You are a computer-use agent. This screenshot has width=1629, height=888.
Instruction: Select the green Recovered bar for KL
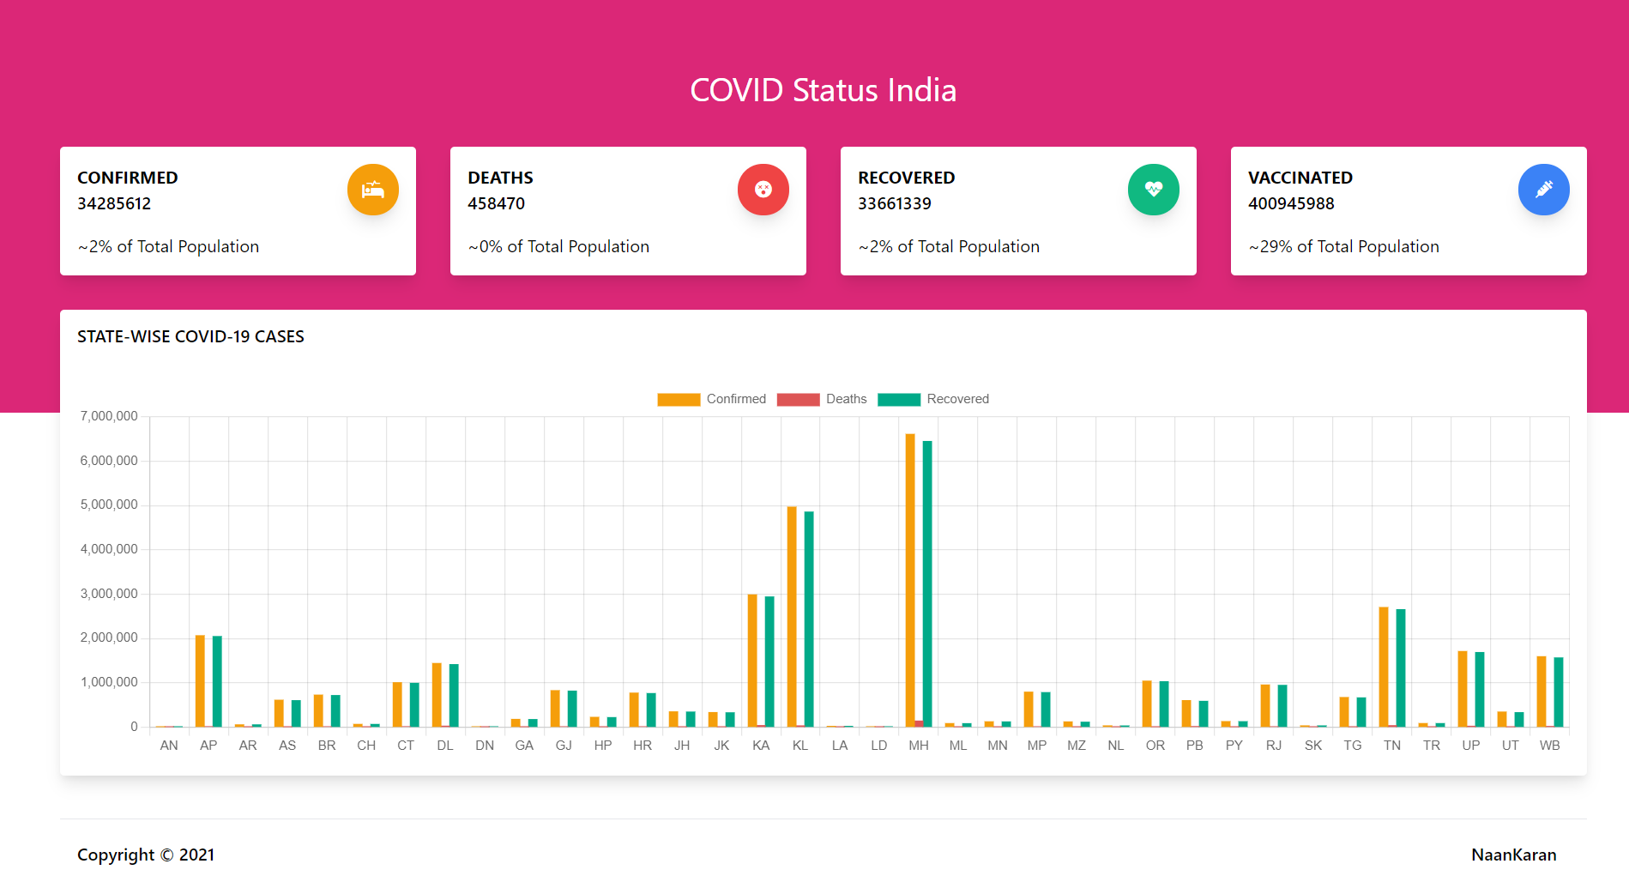pos(809,619)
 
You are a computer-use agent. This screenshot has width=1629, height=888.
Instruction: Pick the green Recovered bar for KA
pos(769,661)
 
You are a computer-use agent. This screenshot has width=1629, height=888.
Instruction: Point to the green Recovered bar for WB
pos(1559,692)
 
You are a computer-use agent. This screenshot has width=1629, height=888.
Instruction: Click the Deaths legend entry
pos(822,399)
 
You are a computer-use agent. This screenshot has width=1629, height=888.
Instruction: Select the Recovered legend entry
pos(933,399)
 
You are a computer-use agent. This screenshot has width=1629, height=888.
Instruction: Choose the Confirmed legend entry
pos(711,399)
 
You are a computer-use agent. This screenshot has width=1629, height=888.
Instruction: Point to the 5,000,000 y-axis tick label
pos(109,504)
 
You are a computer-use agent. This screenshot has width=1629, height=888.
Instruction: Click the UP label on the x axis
pos(1471,746)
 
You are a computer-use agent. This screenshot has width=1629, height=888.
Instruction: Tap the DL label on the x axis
pos(445,746)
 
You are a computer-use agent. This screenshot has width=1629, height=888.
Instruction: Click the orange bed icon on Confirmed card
pos(373,190)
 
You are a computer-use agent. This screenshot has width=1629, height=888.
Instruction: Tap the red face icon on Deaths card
pos(763,190)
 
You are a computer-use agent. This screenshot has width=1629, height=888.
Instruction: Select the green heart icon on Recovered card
pos(1154,190)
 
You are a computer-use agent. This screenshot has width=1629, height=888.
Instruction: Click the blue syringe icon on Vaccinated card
pos(1544,190)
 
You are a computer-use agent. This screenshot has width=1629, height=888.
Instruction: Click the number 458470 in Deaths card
pos(496,203)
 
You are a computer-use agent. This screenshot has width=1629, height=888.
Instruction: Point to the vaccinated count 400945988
pos(1291,203)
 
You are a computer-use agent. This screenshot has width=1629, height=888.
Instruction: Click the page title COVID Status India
pos(824,90)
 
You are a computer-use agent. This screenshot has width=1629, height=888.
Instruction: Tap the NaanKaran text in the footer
pos(1513,855)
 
